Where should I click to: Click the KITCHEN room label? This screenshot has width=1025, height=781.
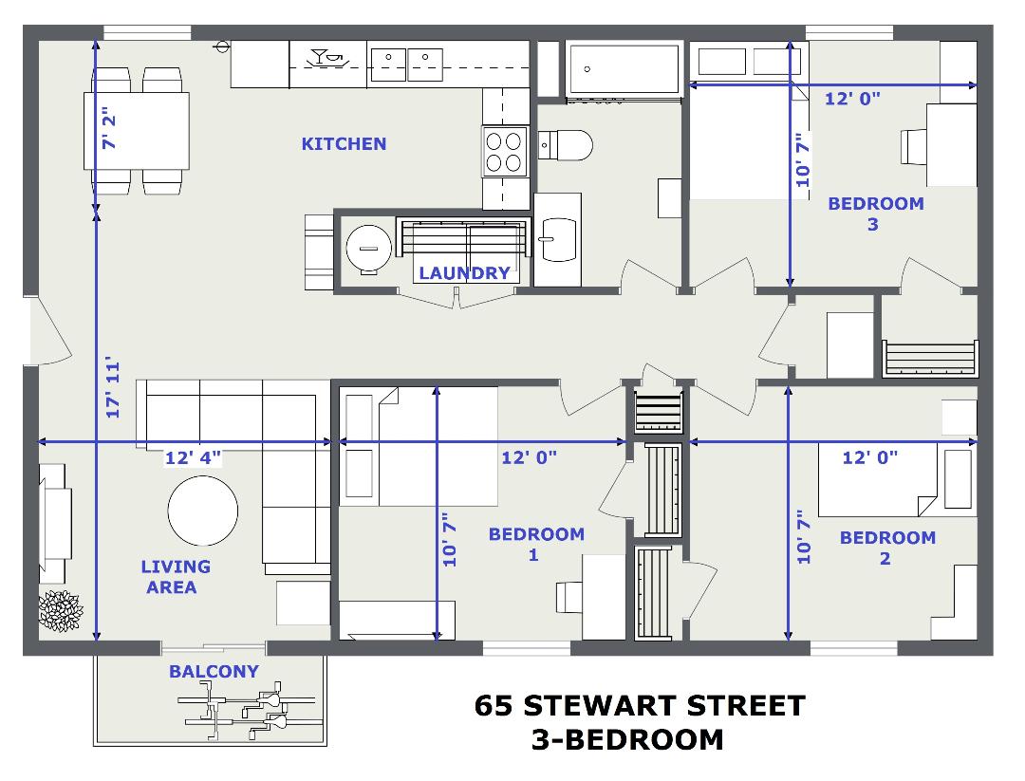click(344, 144)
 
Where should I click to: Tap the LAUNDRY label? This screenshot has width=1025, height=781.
click(465, 273)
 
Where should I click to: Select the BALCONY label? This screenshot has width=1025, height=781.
click(214, 671)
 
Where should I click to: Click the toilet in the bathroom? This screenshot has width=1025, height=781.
click(566, 145)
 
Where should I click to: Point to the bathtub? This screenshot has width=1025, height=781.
click(624, 69)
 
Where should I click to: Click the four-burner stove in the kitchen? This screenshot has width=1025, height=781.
click(504, 151)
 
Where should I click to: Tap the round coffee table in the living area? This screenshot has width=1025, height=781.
click(203, 511)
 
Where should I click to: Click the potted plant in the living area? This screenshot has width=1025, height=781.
click(60, 611)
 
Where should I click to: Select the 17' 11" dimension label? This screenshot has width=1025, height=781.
click(113, 387)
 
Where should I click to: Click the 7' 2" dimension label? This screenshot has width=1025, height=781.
click(109, 131)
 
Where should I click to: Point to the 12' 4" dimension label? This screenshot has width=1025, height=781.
click(193, 457)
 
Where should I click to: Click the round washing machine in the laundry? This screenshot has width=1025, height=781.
click(368, 249)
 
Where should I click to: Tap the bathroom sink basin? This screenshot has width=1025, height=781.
click(558, 239)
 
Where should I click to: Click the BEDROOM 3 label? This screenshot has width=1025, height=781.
click(876, 214)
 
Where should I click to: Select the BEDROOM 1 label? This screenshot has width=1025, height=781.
click(536, 545)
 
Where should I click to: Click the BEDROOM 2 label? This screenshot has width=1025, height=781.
click(887, 548)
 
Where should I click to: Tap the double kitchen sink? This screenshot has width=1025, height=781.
click(406, 65)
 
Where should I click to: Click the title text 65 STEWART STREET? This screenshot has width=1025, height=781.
click(640, 706)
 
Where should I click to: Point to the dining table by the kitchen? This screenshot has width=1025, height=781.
click(137, 131)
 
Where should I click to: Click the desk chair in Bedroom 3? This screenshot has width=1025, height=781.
click(913, 147)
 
